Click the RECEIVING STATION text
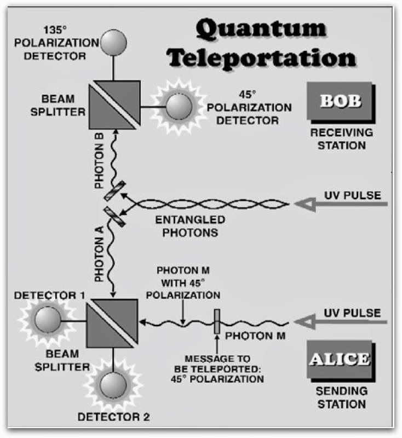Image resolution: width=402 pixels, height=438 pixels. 337,140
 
